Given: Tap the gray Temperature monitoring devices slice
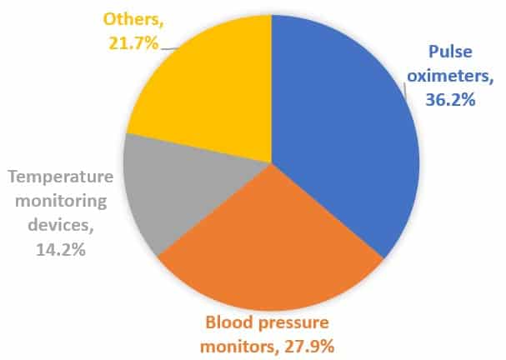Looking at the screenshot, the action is [x=181, y=187].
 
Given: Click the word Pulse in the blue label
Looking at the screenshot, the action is [x=450, y=52].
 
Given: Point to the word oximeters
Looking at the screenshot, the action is [x=450, y=76].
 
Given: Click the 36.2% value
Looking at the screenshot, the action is [x=450, y=100].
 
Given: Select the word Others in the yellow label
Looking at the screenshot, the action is [x=133, y=20].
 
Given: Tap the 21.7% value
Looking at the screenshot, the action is [x=133, y=43].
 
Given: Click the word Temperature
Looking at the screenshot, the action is [x=61, y=177].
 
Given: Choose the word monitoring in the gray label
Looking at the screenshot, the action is [x=61, y=202].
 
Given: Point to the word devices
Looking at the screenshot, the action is [x=61, y=225].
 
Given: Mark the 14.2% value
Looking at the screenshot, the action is [x=61, y=249].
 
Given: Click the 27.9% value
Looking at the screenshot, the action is [x=309, y=347].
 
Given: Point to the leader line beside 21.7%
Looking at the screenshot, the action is [x=169, y=48].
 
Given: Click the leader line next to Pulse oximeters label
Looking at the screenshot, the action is [x=406, y=89].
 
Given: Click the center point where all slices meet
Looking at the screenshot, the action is [x=272, y=162].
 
